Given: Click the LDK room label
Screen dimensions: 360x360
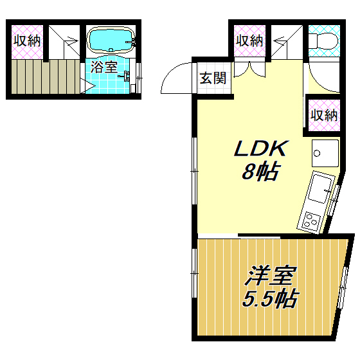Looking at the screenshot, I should [x=258, y=149].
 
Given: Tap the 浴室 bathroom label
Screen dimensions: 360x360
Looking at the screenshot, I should [x=104, y=67].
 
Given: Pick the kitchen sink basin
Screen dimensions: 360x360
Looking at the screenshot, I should [x=319, y=190].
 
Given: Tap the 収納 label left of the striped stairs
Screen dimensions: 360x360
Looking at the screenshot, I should [x=26, y=40].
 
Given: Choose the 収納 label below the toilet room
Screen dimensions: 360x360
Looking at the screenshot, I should [x=323, y=115].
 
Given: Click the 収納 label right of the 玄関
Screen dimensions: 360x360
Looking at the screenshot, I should [x=249, y=40].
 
